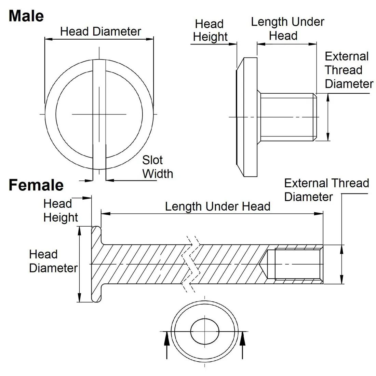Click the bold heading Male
[x=26, y=16]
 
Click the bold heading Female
[x=36, y=185]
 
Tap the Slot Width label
[x=157, y=167]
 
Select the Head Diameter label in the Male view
[x=100, y=31]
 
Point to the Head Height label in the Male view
[x=210, y=30]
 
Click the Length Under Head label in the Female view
[x=218, y=206]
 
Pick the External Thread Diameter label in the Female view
[x=326, y=190]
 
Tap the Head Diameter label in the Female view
[x=53, y=261]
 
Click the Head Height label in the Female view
[x=61, y=211]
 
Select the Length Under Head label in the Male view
[x=287, y=29]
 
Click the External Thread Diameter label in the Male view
[x=349, y=70]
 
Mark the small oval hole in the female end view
[x=205, y=332]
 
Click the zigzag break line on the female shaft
[x=191, y=264]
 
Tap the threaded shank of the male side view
[x=287, y=117]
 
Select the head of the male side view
[x=247, y=117]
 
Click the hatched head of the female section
[x=96, y=264]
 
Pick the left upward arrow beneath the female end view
[x=167, y=345]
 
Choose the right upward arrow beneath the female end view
[x=243, y=345]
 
